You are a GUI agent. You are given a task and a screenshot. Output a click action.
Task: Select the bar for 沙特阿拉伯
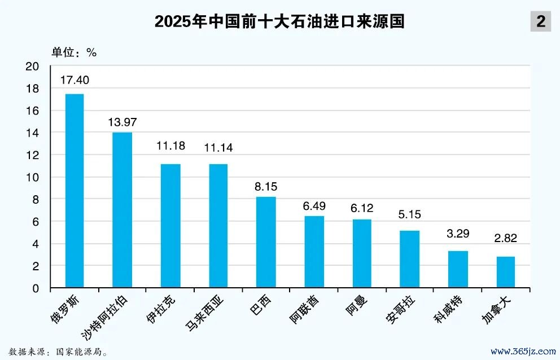coord(123,210)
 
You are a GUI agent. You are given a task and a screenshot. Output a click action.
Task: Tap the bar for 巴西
coord(266,242)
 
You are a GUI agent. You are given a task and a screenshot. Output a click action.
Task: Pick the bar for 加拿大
coord(505,272)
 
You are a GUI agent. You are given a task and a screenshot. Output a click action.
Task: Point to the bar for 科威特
coord(458,269)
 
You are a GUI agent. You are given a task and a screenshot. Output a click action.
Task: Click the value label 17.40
coord(75,80)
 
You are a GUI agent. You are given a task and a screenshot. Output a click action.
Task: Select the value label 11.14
coord(218,148)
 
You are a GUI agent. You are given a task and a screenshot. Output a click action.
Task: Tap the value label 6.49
coord(314,207)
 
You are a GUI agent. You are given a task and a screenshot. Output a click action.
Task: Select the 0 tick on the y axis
coord(36,288)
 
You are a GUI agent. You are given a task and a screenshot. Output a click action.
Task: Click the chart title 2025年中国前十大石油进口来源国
coord(280,22)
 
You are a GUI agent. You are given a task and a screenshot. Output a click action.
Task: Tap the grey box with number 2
coord(540,22)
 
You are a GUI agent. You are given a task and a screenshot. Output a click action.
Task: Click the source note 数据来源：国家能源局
coord(58,352)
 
